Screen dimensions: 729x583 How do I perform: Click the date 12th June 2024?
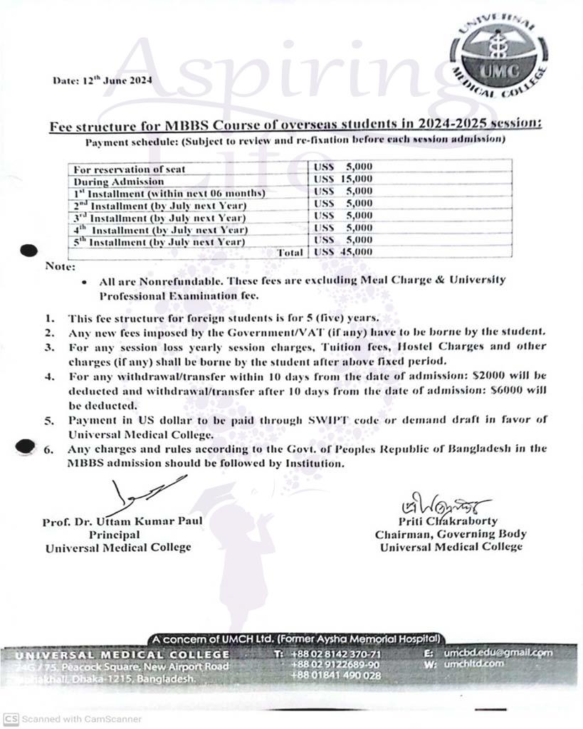point(102,80)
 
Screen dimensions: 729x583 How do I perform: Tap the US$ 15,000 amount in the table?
point(343,179)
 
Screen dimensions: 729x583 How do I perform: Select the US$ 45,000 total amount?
point(343,252)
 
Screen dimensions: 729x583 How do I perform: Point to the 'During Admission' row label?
point(119,181)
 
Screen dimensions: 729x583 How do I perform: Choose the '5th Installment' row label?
point(159,242)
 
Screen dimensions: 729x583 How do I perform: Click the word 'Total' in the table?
point(290,252)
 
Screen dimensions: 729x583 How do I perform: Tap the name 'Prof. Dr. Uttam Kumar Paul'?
point(122,521)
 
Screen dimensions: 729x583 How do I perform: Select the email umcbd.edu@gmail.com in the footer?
point(498,652)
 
